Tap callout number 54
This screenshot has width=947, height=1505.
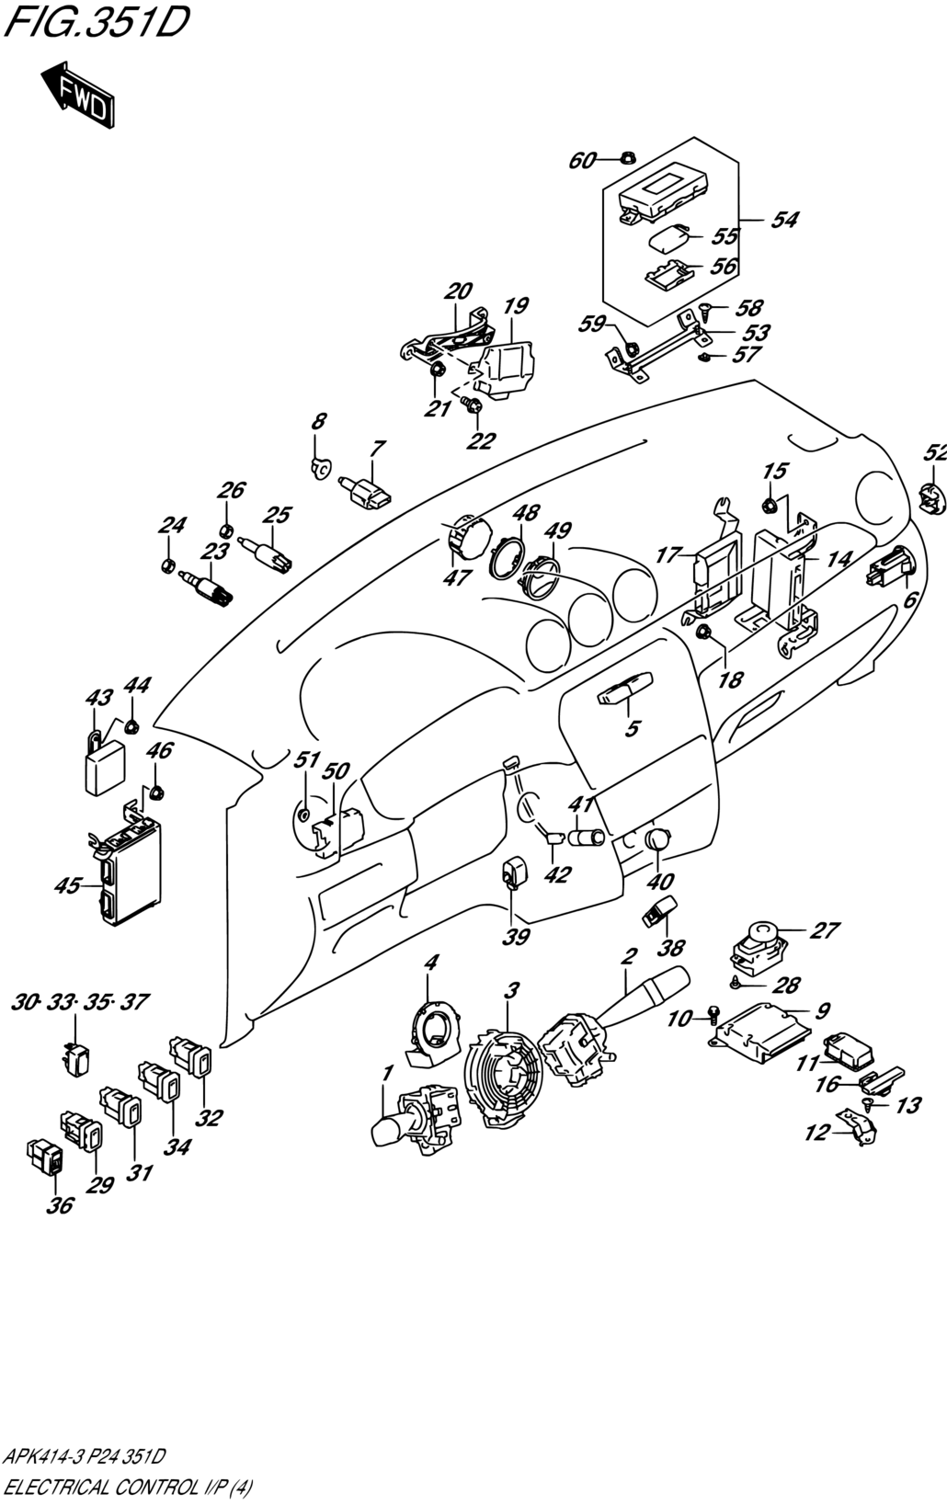783,220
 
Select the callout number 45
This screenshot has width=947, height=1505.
68,887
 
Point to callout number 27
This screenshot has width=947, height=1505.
825,929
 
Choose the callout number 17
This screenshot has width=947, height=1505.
668,555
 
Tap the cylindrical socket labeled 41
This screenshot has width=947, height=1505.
586,838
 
